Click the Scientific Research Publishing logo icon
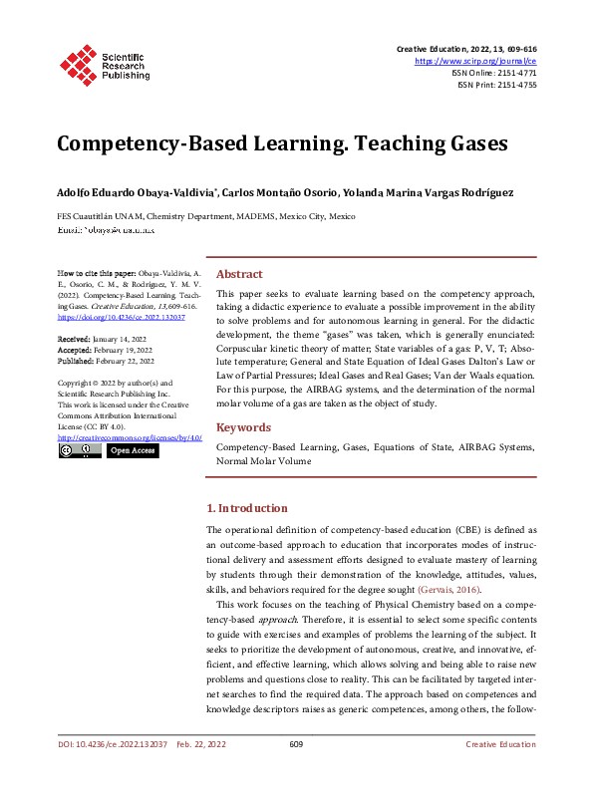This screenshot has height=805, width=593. click(77, 62)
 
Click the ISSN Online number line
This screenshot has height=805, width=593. click(494, 73)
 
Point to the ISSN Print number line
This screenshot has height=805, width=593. click(496, 85)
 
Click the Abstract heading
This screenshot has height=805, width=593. click(239, 274)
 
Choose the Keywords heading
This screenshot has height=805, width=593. click(243, 427)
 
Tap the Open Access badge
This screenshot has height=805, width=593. click(132, 451)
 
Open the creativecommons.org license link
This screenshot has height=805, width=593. click(130, 436)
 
